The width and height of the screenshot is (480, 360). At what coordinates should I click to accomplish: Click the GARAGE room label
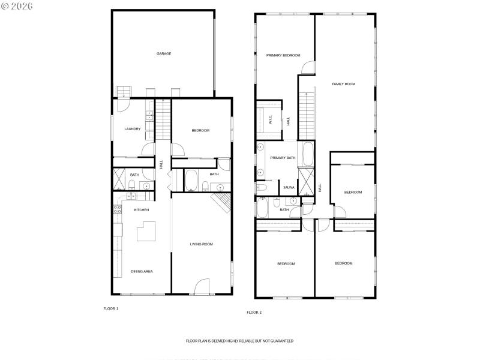point(164,53)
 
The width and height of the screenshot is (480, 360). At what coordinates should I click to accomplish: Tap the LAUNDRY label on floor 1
point(133,129)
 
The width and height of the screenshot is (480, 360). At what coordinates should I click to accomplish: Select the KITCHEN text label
point(141,210)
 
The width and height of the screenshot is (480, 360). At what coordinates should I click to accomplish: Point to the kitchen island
point(148,231)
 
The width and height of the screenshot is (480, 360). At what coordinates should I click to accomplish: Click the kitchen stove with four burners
point(116,209)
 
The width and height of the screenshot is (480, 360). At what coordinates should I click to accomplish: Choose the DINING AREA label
point(142,271)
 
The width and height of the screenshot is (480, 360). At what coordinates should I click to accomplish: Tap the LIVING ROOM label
point(202,244)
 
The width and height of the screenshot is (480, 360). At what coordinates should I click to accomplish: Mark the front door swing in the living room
point(202,287)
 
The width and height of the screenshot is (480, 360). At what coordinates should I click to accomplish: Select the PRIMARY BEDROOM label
point(283,55)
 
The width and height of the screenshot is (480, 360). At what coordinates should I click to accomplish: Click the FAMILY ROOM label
point(344,84)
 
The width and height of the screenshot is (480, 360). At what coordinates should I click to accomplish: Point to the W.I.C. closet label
point(270,119)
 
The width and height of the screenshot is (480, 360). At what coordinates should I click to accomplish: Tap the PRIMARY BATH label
point(282,158)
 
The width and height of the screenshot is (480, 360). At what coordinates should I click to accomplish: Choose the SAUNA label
point(289,188)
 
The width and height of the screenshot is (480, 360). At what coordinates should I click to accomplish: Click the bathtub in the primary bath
point(307,155)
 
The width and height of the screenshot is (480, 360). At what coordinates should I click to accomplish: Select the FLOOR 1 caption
point(111,308)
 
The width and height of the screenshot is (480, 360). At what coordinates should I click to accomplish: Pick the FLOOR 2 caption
point(254,312)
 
